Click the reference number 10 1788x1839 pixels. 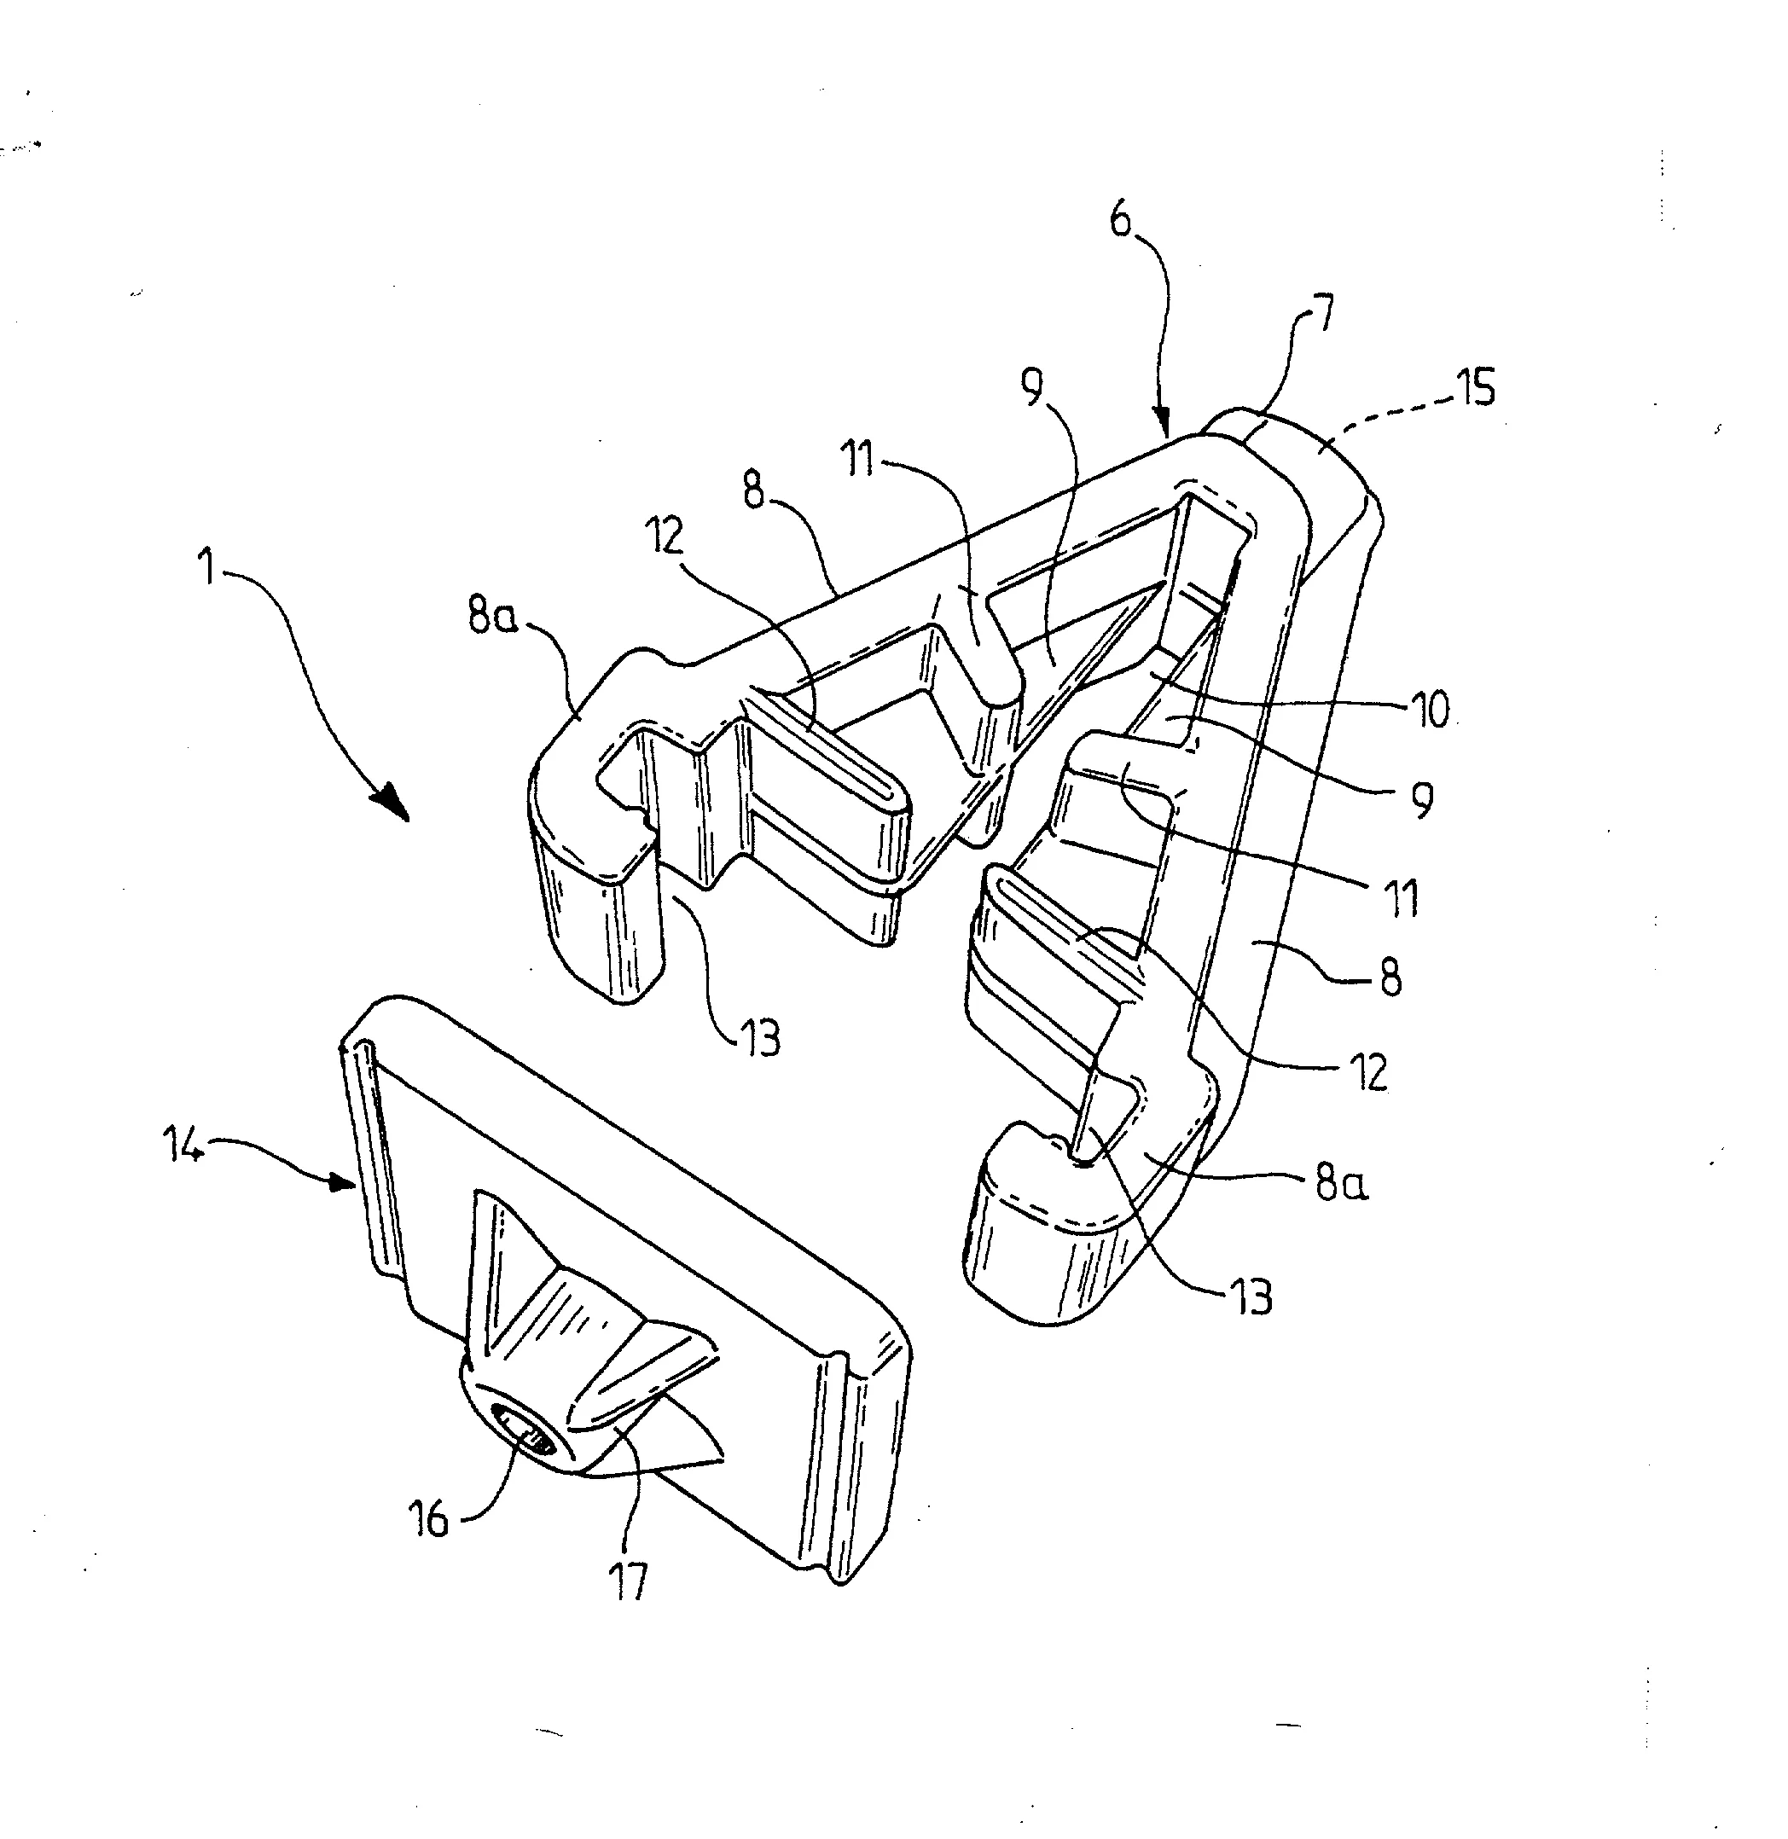1431,710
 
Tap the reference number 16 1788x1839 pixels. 429,1519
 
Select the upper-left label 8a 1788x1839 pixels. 492,617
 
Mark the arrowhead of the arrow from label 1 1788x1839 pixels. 392,804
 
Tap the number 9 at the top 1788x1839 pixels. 1032,386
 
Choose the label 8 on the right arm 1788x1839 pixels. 1390,978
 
